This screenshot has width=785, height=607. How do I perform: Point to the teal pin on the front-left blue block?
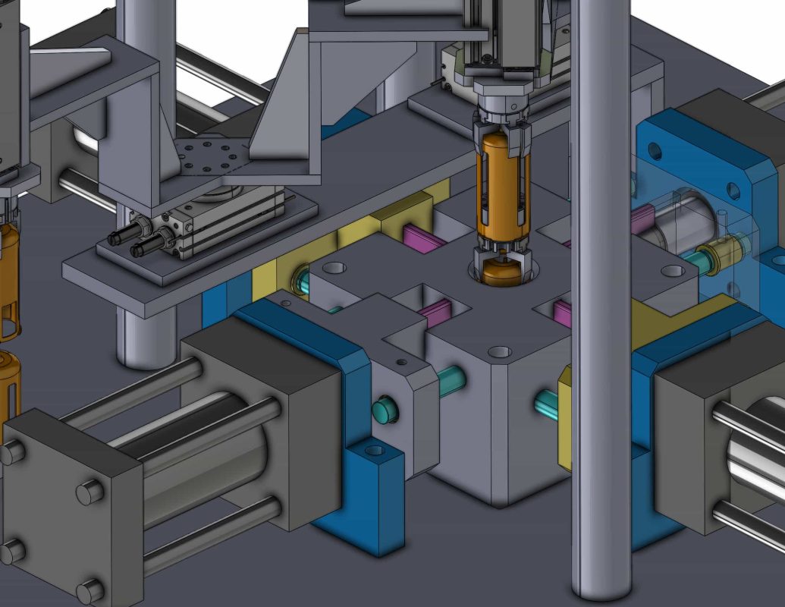[385, 410]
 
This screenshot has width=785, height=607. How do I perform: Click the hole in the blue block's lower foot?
[375, 451]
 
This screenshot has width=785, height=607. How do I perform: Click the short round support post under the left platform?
[141, 334]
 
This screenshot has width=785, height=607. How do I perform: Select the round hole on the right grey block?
[670, 270]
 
